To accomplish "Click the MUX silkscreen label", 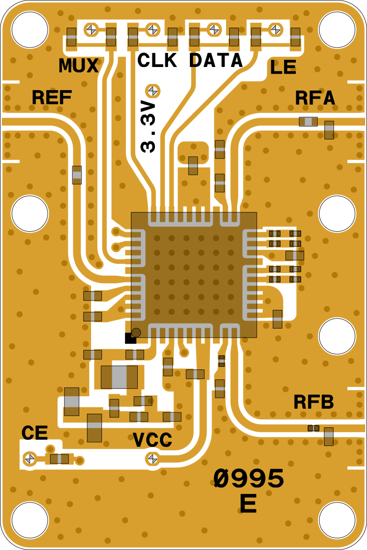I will point(79,66).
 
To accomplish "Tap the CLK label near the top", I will point(157,60).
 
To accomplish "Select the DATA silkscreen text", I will point(216,60).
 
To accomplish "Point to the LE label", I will point(283,68).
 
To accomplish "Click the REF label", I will point(52,97).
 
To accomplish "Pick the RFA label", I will point(315,98).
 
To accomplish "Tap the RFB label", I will point(314,402).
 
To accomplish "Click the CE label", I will point(35,433).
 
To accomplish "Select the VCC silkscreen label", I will point(153,440).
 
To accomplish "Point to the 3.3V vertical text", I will point(149,127).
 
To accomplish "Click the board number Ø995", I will point(249,478).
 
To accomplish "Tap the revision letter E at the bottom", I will point(248,503).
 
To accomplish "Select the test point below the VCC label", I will point(152,459).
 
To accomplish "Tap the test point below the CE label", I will point(30,458).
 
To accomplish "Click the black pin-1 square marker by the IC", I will point(130,338).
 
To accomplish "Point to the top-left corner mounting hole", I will point(29,29).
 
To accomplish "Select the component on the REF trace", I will point(77,175).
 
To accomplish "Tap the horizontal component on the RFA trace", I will point(308,121).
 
